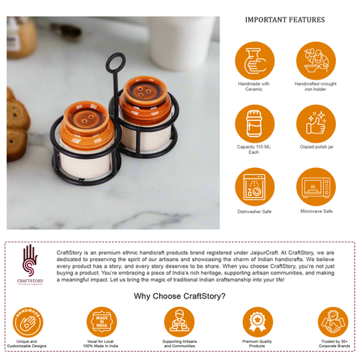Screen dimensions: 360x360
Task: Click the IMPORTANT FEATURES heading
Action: click(285, 19)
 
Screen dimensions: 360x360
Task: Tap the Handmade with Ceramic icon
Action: click(253, 60)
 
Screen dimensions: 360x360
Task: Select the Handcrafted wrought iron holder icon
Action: click(316, 60)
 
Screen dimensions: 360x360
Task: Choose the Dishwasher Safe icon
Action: click(253, 187)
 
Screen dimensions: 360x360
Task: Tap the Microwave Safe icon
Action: click(316, 187)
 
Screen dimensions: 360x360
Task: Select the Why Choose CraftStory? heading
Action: click(180, 295)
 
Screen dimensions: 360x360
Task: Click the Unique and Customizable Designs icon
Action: click(28, 321)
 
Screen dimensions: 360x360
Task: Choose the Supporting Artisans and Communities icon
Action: click(179, 321)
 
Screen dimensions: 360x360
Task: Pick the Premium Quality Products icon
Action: click(257, 321)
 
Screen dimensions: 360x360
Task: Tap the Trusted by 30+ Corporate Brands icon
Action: click(332, 321)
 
